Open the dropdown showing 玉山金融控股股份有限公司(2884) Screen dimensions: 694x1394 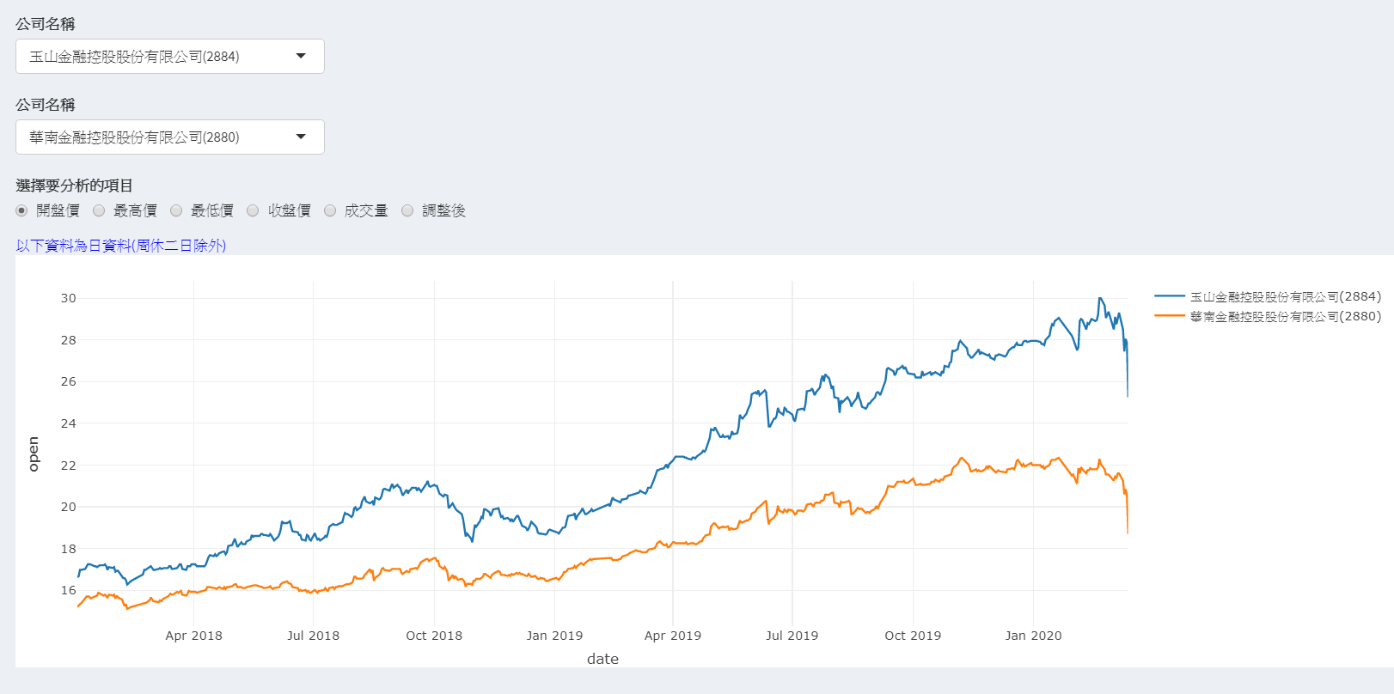(x=169, y=57)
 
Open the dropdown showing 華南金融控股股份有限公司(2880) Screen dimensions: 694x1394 (x=169, y=137)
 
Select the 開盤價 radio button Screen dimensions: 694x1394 (x=22, y=210)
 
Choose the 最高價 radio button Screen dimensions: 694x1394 (x=99, y=210)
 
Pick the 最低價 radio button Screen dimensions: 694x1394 (x=176, y=210)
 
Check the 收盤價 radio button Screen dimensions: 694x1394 (x=253, y=210)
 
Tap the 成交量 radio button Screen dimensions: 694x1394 (x=330, y=210)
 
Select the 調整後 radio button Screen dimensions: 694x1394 (x=407, y=210)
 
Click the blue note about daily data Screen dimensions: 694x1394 (x=121, y=246)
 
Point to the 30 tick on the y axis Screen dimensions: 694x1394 (x=68, y=298)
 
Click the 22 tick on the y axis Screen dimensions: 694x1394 (x=68, y=466)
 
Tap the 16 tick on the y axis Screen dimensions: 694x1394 (x=68, y=590)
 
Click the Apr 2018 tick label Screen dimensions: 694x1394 (x=193, y=636)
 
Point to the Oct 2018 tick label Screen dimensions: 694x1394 (x=434, y=636)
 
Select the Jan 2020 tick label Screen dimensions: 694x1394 (x=1033, y=636)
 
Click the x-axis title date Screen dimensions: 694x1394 (x=602, y=659)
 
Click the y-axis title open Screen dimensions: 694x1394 (x=34, y=454)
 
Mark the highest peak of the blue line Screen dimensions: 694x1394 (x=1100, y=298)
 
